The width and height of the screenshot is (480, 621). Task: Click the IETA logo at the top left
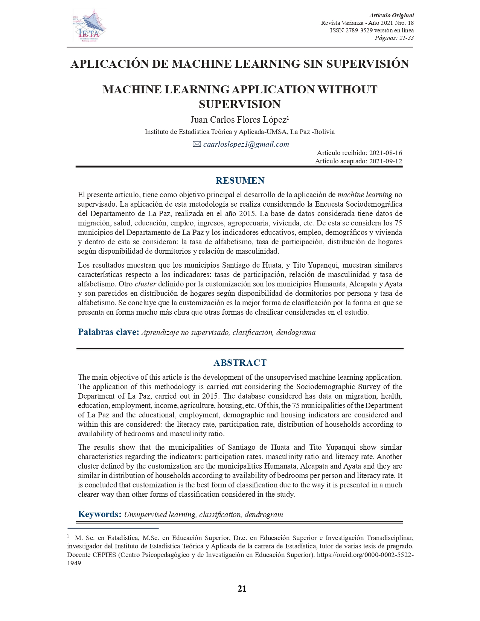(89, 26)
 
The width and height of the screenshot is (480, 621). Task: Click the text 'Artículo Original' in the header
(391, 15)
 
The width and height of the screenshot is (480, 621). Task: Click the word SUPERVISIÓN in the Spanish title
(367, 64)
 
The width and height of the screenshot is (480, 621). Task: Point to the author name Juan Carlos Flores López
(238, 120)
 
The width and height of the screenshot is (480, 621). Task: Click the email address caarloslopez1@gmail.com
(246, 145)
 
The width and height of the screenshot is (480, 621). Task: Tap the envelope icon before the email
(197, 144)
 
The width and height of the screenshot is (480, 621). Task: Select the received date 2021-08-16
(386, 153)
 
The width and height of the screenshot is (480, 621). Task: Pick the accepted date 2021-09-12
(386, 161)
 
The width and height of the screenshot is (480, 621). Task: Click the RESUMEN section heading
(240, 181)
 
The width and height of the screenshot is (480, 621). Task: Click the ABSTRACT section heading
(240, 363)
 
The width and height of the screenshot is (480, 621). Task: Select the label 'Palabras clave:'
(108, 332)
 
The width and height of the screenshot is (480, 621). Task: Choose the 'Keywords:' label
(99, 514)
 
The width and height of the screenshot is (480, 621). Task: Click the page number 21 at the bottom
(242, 589)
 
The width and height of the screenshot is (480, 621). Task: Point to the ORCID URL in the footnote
(365, 555)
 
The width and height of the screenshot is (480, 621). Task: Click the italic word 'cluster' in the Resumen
(145, 284)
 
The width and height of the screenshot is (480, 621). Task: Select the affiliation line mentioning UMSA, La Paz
(239, 132)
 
